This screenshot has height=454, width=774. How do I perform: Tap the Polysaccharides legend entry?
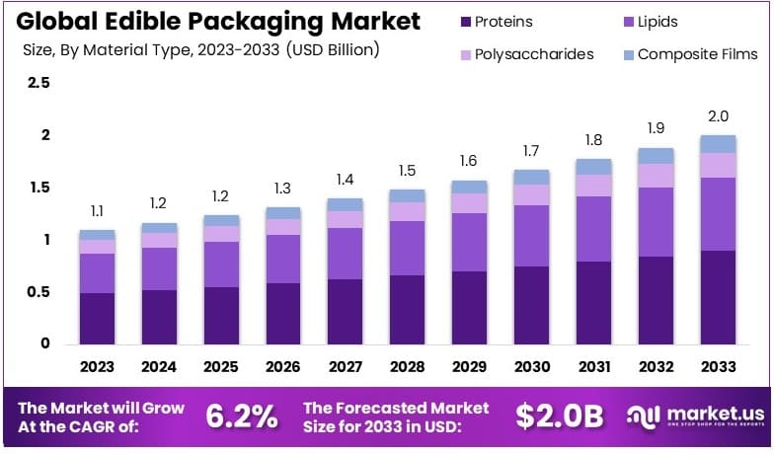(531, 54)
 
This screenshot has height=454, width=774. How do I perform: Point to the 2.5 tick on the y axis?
(39, 83)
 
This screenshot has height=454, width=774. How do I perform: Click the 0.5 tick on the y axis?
(39, 292)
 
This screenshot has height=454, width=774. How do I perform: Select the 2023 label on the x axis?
(97, 367)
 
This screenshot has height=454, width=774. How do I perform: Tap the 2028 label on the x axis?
(407, 367)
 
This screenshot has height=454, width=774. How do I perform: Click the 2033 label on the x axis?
(718, 367)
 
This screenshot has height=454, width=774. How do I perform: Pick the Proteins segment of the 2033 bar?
(718, 297)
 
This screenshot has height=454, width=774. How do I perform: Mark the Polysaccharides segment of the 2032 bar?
(656, 176)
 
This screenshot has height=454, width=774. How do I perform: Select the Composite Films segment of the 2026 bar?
(283, 213)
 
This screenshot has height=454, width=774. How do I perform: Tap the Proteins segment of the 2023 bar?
(97, 318)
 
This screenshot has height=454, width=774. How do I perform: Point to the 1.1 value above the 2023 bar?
(97, 211)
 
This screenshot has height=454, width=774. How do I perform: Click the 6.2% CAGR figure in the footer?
(241, 416)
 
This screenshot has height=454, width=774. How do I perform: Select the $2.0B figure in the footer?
(559, 416)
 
